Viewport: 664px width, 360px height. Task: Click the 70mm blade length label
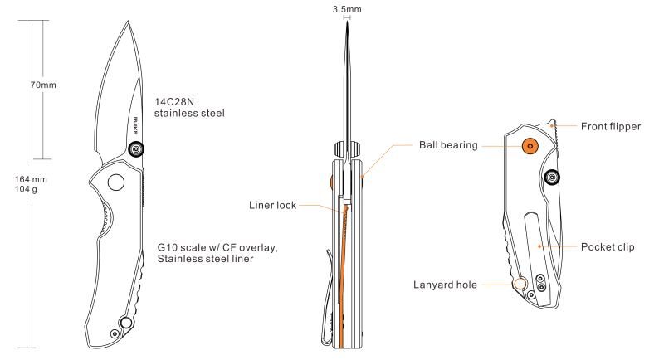click(43, 85)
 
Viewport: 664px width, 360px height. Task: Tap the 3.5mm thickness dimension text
click(346, 9)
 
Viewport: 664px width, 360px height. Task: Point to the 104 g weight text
click(28, 189)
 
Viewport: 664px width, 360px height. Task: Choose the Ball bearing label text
click(447, 145)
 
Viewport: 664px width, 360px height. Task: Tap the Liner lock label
click(272, 204)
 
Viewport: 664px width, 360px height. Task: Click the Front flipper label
click(611, 126)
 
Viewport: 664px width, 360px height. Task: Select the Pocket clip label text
click(608, 246)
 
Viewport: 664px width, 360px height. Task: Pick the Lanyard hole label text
click(445, 285)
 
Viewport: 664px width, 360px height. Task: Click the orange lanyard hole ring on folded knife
click(520, 284)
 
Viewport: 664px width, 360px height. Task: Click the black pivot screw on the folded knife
click(551, 176)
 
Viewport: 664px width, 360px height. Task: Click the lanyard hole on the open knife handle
click(127, 321)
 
